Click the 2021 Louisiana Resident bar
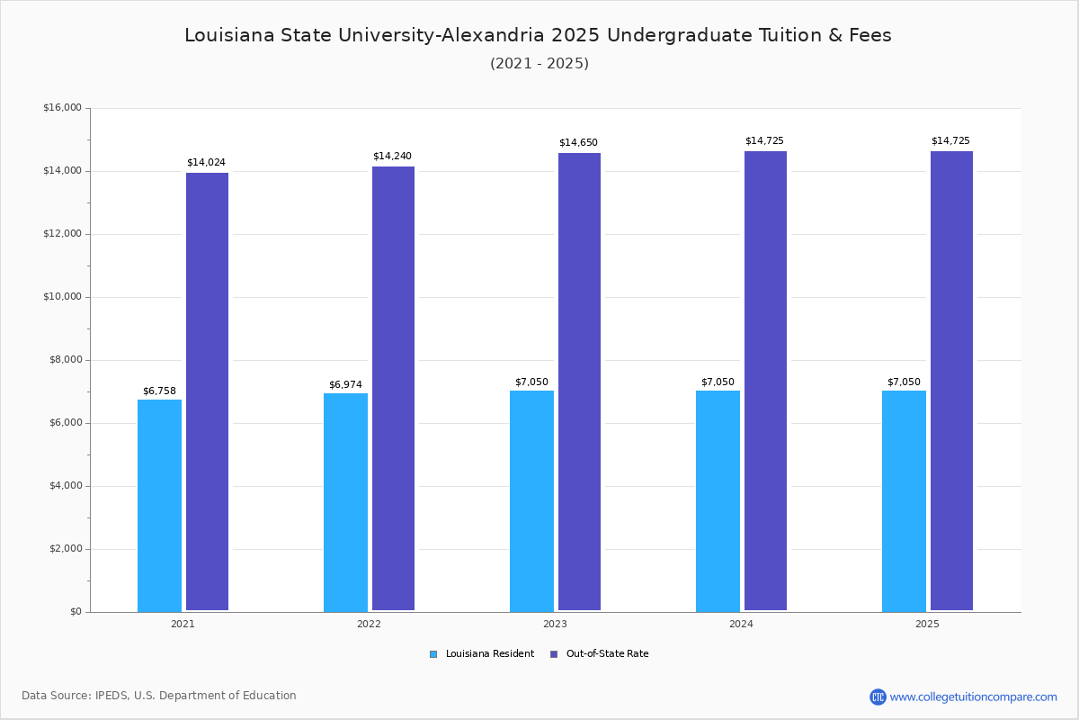(x=159, y=505)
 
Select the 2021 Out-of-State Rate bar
(x=207, y=391)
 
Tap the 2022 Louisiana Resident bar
(x=345, y=502)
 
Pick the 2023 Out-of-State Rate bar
(x=579, y=382)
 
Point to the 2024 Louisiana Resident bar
(x=718, y=500)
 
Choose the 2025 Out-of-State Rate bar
(x=951, y=381)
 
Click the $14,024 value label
(x=206, y=163)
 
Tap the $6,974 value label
(x=345, y=385)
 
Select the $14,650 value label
(x=578, y=143)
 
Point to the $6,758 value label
(x=159, y=391)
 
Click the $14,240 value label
(x=392, y=157)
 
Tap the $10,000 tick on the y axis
(x=62, y=297)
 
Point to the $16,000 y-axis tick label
(x=62, y=108)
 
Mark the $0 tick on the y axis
(x=75, y=612)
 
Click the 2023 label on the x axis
(x=555, y=624)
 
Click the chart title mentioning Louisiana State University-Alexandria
(x=538, y=35)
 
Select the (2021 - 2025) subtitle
(x=539, y=64)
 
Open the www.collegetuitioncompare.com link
(x=973, y=697)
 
